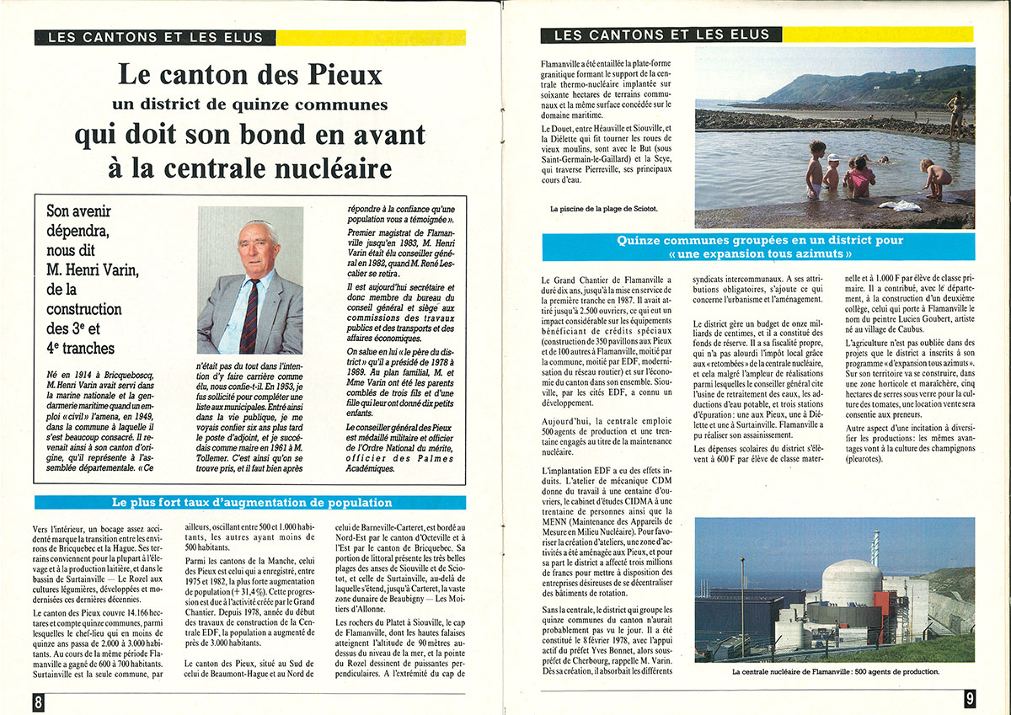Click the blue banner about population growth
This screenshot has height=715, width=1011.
pyautogui.click(x=252, y=503)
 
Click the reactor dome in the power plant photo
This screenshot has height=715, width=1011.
pyautogui.click(x=852, y=581)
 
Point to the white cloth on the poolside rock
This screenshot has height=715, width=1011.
pyautogui.click(x=899, y=205)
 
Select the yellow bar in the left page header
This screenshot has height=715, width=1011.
pyautogui.click(x=371, y=37)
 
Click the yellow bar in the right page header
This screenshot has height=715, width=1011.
pyautogui.click(x=877, y=35)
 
